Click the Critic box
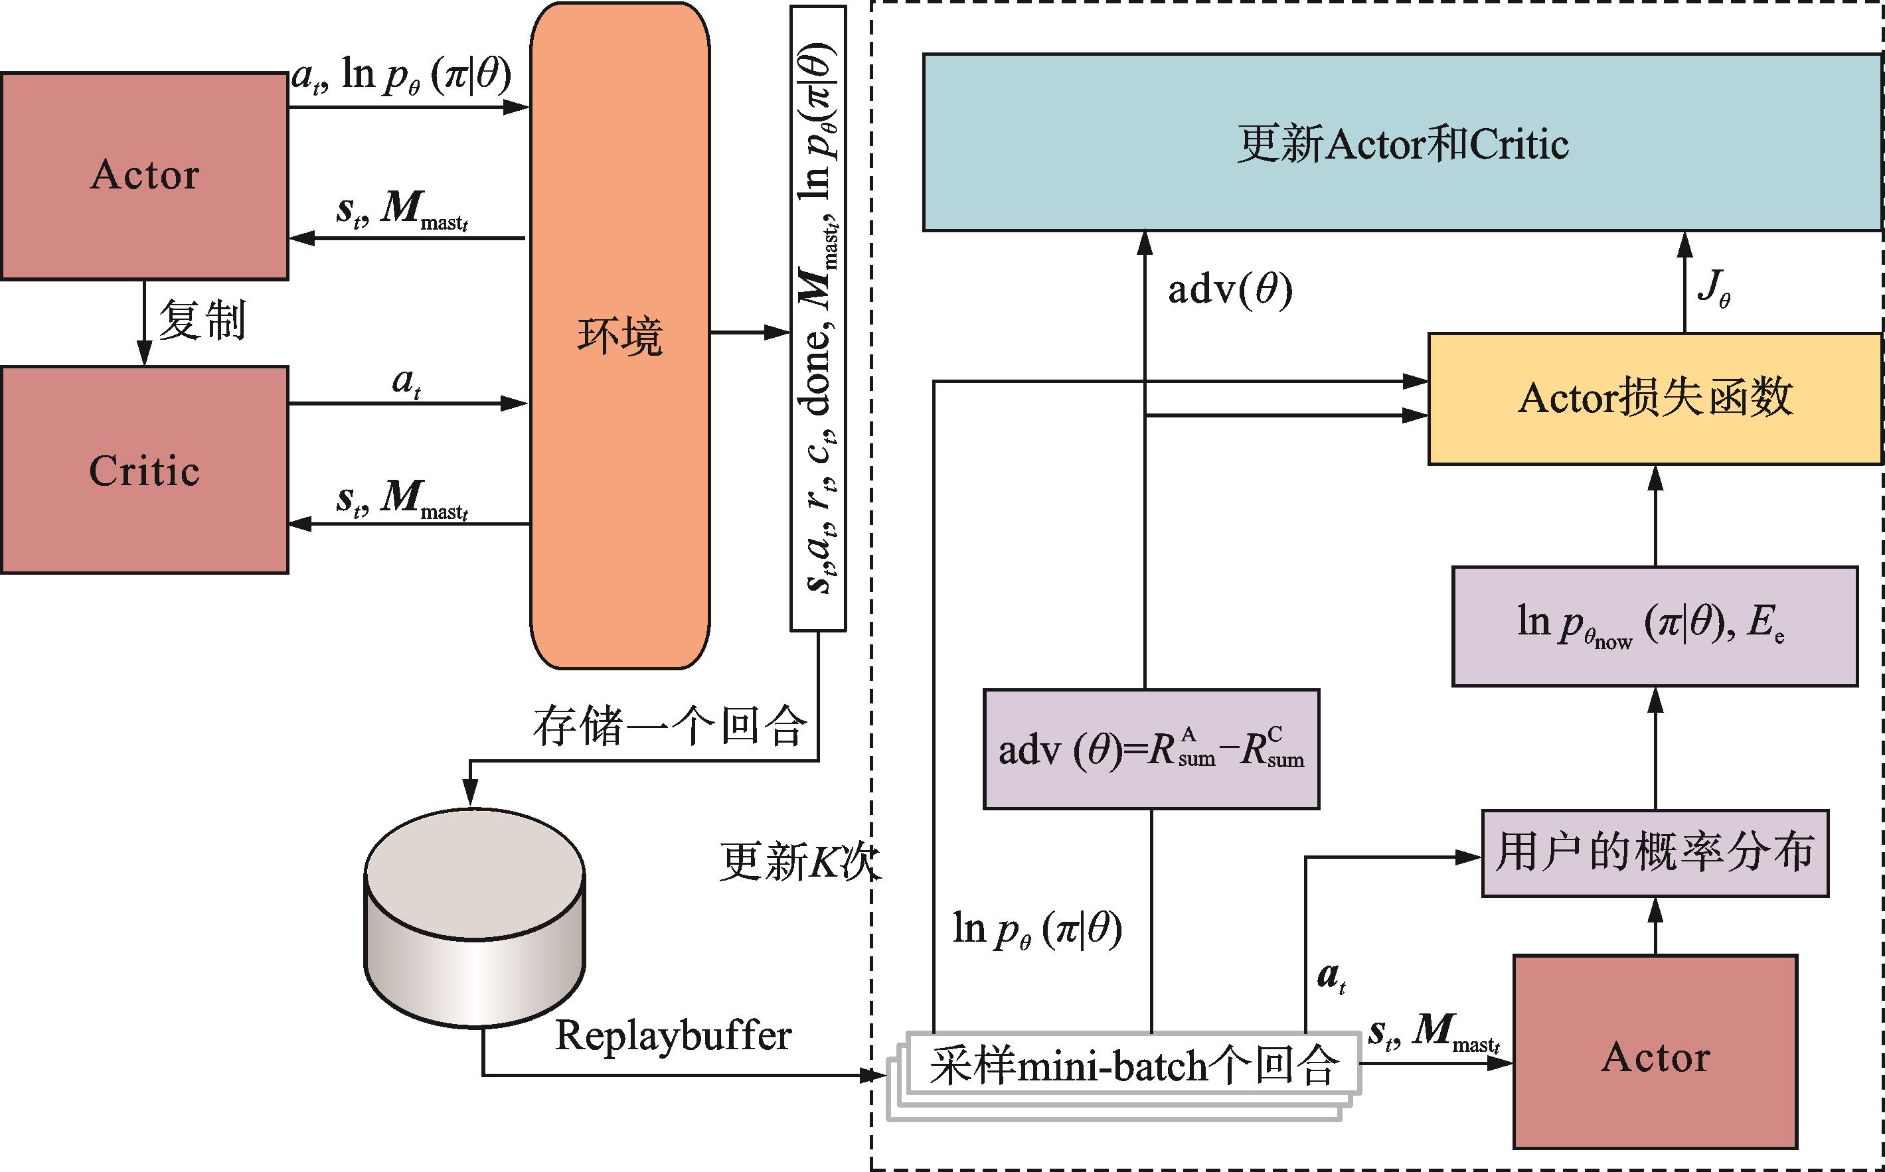point(144,470)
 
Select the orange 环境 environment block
point(619,336)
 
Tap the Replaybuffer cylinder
point(475,918)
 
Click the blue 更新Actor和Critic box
point(1402,143)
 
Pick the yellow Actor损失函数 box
point(1655,398)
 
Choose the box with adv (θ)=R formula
point(1151,749)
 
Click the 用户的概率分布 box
point(1655,853)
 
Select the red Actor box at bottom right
point(1655,1057)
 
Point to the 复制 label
point(202,319)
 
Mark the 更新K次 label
point(799,861)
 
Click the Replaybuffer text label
point(673,1035)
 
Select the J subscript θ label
point(1714,288)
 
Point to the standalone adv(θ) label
point(1230,290)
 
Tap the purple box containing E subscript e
point(1655,626)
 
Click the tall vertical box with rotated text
point(818,318)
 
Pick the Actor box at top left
point(144,175)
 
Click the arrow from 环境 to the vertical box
point(749,332)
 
